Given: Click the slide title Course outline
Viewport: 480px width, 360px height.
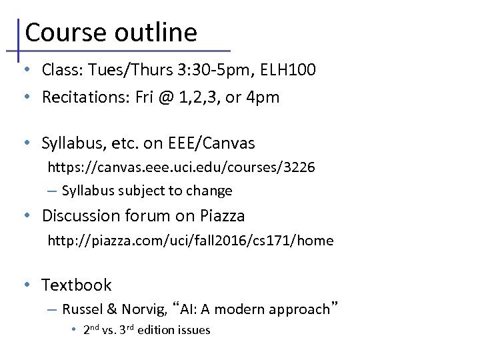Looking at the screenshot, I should click(x=111, y=32).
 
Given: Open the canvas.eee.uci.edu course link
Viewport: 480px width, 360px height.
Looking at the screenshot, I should click(x=181, y=167).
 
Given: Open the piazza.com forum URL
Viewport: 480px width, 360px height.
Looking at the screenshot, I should click(x=190, y=240).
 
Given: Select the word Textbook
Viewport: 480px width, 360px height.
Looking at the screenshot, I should click(x=77, y=285).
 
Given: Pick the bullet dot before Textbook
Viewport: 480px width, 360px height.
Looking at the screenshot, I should click(x=25, y=285).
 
